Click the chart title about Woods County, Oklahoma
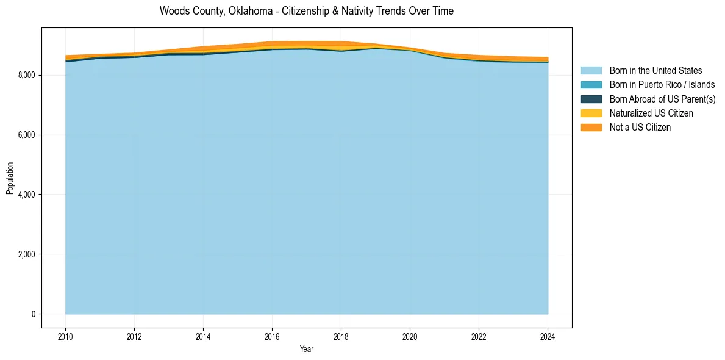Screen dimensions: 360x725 (x=306, y=11)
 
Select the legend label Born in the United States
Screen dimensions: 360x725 (x=655, y=71)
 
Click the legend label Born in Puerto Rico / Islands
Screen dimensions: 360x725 (x=662, y=85)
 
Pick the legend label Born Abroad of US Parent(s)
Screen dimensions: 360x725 (x=662, y=99)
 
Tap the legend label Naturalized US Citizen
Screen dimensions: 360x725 (x=651, y=113)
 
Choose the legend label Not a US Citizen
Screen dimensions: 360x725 (x=640, y=128)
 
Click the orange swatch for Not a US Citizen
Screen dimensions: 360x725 (x=591, y=128)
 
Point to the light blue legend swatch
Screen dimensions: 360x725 (x=591, y=71)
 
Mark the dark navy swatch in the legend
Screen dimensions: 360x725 (x=591, y=99)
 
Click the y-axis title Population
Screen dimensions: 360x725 (x=10, y=178)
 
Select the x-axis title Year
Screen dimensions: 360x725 (x=307, y=350)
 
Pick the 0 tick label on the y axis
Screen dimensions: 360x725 (x=33, y=314)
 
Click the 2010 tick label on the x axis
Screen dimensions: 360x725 (x=65, y=336)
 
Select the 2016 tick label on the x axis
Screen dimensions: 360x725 (x=272, y=336)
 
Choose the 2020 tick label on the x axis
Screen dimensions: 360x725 (x=410, y=336)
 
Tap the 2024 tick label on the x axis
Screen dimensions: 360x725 (x=548, y=336)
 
